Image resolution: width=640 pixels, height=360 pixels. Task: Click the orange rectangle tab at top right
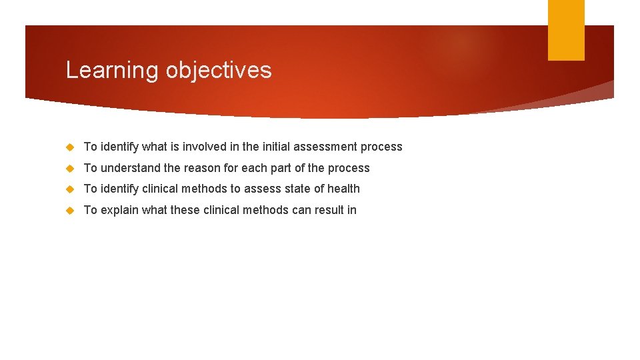[565, 30]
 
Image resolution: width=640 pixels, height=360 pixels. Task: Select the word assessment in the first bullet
[327, 147]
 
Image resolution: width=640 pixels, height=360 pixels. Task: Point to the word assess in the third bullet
[262, 189]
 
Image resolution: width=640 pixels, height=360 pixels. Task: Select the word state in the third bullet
[297, 189]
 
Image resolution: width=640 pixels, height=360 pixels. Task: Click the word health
[343, 189]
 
